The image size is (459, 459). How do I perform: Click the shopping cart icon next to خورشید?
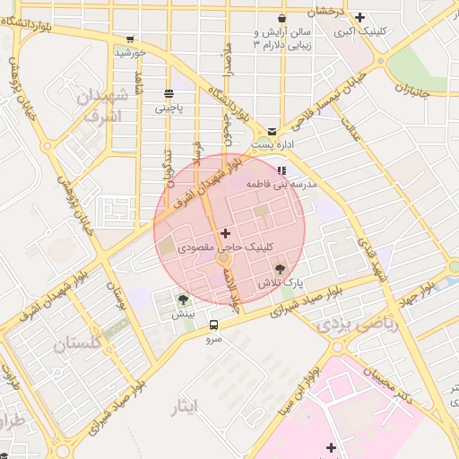(x=131, y=39)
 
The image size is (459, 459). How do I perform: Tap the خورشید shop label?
(x=130, y=53)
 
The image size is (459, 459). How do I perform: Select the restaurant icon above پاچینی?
(x=169, y=94)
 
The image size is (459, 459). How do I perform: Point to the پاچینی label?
(x=169, y=108)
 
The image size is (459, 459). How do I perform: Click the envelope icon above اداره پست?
(x=272, y=131)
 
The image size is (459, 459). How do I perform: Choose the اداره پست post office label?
(x=272, y=144)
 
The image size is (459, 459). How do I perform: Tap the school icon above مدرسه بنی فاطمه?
(x=282, y=169)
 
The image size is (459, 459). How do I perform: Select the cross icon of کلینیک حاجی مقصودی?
(x=224, y=233)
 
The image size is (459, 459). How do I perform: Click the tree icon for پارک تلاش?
(x=281, y=268)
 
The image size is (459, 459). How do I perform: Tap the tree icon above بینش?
(x=184, y=300)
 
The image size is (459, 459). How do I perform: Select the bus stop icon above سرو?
(x=213, y=325)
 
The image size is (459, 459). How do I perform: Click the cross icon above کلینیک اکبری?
(x=359, y=17)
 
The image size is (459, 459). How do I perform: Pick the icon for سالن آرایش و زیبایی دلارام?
(x=281, y=18)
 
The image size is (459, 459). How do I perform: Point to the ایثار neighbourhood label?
(x=181, y=409)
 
